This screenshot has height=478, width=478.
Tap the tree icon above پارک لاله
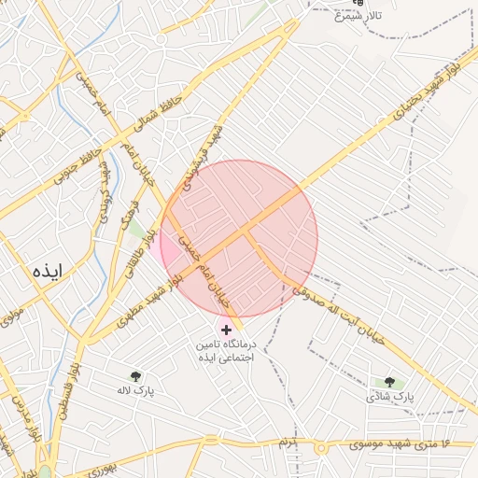point(136,377)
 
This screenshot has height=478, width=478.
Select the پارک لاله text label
point(136,391)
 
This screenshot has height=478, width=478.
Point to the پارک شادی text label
point(389,397)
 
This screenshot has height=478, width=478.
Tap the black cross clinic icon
point(226,330)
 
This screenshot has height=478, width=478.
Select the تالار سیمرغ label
point(360,17)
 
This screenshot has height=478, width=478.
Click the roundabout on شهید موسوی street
point(320,448)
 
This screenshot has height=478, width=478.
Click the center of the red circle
point(239,239)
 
